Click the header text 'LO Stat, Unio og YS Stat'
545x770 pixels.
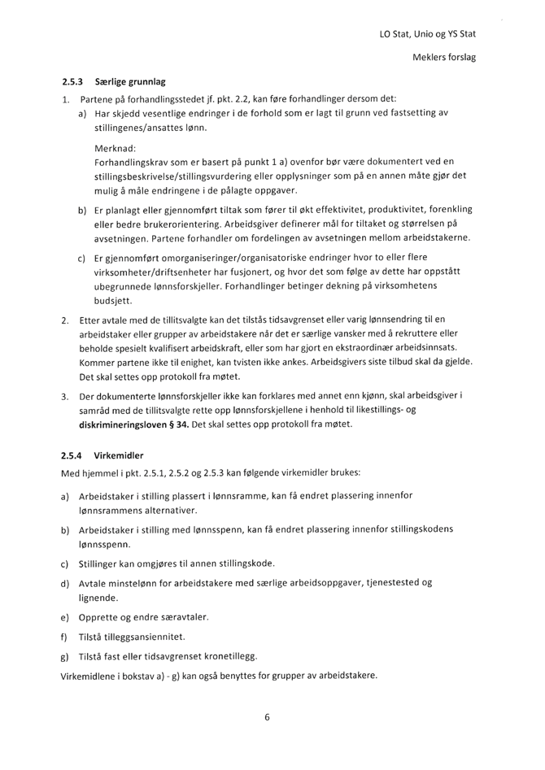(427, 34)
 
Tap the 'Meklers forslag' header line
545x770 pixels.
(444, 58)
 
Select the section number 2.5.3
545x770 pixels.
(74, 82)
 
